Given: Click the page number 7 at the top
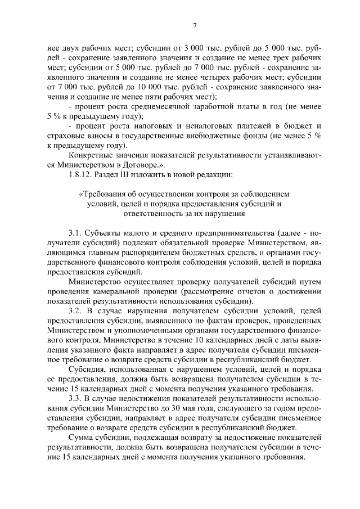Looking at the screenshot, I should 194,25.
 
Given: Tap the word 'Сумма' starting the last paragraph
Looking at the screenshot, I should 79,438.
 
